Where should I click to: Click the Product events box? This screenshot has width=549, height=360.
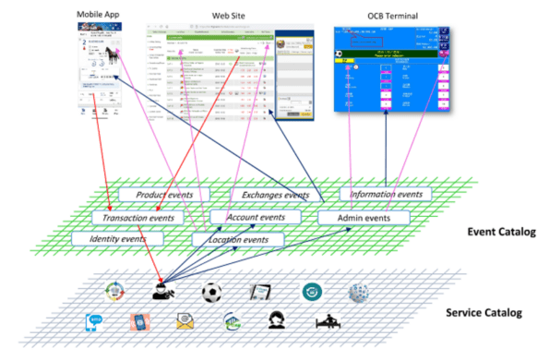(162, 196)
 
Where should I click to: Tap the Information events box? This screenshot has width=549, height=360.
(382, 195)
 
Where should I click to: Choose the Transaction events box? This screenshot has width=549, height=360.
(135, 218)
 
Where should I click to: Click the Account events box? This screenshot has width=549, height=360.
(255, 218)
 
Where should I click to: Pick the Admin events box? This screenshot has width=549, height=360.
(364, 218)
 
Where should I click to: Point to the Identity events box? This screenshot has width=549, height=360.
(117, 239)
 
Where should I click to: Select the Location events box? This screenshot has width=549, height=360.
(238, 240)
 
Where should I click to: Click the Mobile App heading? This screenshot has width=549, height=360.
(101, 16)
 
